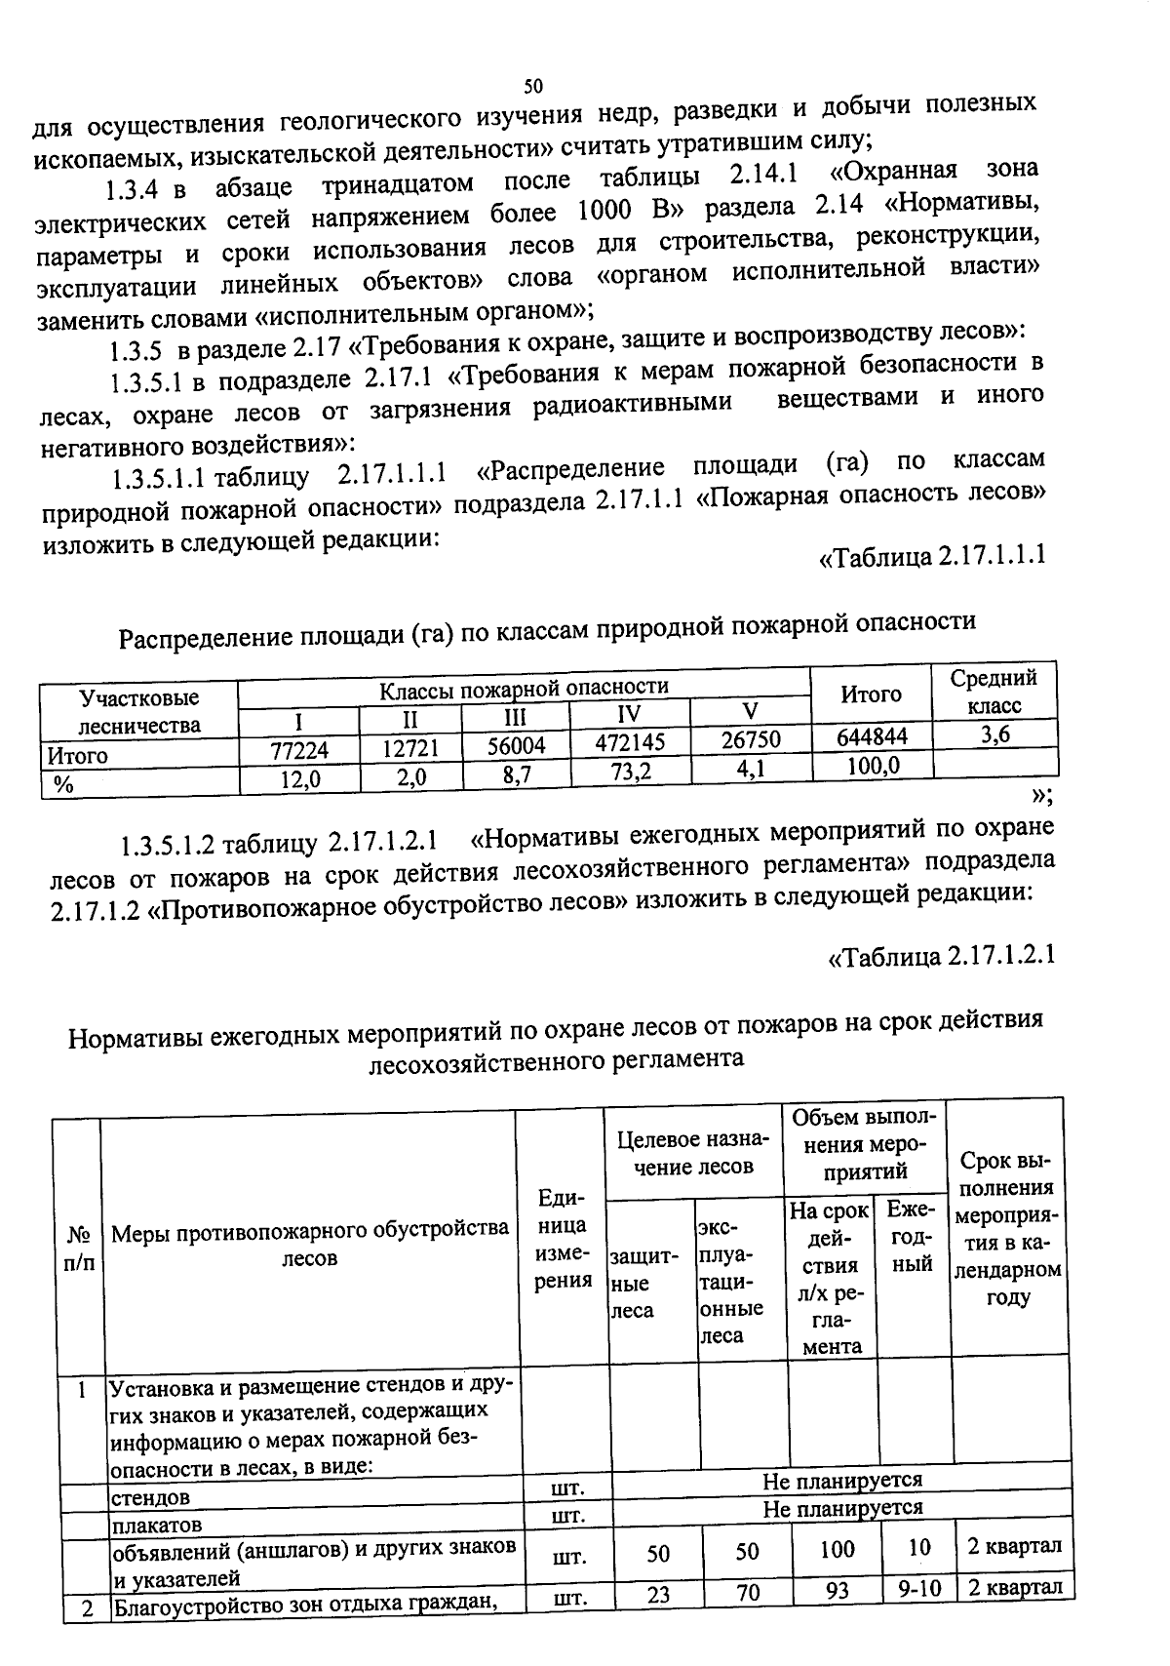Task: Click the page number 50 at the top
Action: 532,86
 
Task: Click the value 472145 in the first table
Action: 630,743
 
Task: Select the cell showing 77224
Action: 299,749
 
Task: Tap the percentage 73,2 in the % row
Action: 630,772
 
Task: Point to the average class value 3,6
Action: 994,734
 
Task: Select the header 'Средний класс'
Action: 994,692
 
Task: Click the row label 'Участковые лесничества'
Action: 139,711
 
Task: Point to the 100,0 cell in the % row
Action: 872,766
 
